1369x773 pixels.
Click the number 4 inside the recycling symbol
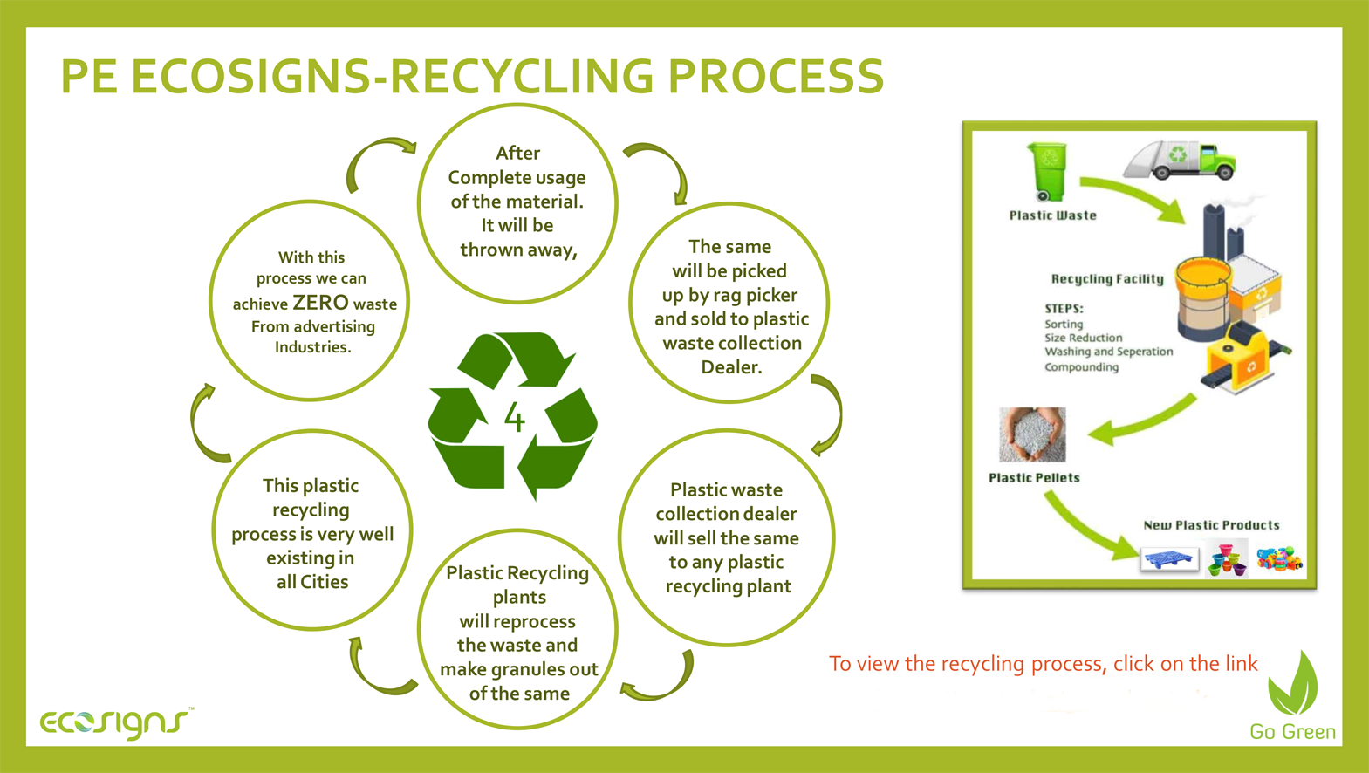click(515, 418)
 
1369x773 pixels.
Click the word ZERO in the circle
click(320, 303)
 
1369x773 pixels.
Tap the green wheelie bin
click(1048, 172)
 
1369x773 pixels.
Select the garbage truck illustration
click(1181, 160)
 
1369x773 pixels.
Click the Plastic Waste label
click(1052, 215)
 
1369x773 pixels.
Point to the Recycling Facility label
click(1107, 278)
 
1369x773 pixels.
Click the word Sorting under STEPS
click(1064, 324)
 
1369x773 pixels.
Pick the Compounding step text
click(1081, 366)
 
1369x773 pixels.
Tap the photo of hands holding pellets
click(1032, 434)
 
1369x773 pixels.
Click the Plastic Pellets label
click(1034, 478)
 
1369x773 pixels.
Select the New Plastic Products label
click(1211, 525)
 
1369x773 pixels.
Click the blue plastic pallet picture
click(1170, 558)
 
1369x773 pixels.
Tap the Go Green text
click(1292, 731)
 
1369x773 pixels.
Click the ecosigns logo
click(116, 723)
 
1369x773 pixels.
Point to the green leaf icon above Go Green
click(1292, 683)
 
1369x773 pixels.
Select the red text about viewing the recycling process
click(1044, 664)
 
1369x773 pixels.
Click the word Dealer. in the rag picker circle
click(731, 366)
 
